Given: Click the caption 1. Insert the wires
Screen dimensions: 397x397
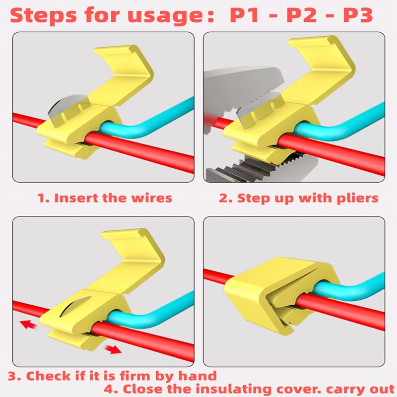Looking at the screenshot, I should coord(105,198).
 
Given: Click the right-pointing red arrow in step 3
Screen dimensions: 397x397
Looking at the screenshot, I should coord(114,349).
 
